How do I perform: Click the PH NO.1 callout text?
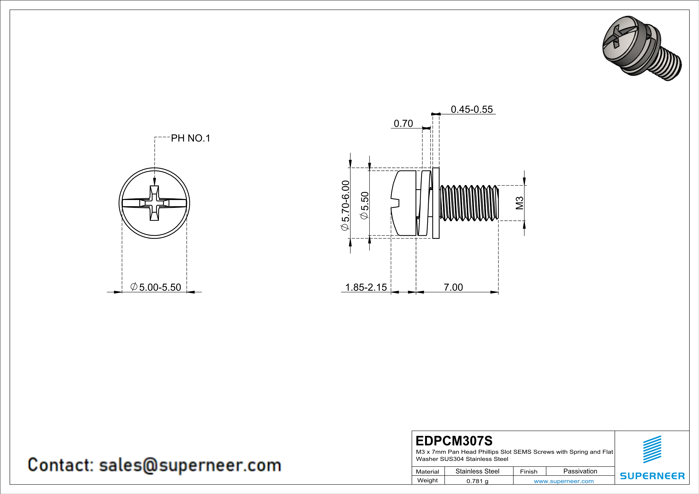click(x=190, y=138)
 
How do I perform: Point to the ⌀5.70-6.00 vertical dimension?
click(x=345, y=205)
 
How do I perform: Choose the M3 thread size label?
click(x=519, y=203)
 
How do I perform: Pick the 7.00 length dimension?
click(x=453, y=287)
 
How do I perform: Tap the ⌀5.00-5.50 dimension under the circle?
click(x=156, y=287)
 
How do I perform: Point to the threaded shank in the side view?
click(x=469, y=203)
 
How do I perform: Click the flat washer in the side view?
click(x=436, y=203)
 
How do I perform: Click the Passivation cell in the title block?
click(x=580, y=471)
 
